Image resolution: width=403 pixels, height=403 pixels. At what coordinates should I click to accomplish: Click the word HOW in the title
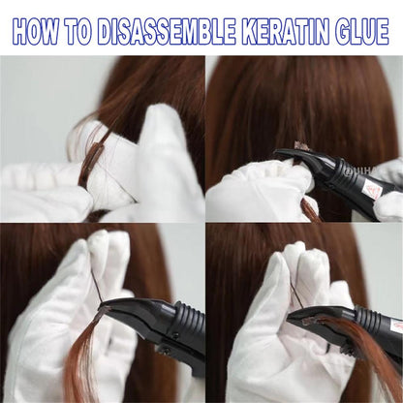coord(36,32)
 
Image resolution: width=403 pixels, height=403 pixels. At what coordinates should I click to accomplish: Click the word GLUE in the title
coord(361,32)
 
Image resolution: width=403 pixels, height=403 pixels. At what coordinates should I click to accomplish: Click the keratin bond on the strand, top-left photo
coord(91,162)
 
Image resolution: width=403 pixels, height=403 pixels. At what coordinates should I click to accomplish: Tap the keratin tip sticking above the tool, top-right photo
coord(301,145)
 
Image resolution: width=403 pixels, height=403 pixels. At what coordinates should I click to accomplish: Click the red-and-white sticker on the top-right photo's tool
coord(370,190)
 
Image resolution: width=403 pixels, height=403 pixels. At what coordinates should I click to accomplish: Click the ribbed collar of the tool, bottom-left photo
coord(192,318)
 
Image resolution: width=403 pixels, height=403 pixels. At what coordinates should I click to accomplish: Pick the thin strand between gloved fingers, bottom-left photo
coord(96,286)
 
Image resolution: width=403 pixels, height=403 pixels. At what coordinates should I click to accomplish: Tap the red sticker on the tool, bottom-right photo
coord(396,326)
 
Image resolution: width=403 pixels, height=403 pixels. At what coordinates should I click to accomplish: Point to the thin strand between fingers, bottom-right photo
coord(297,294)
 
